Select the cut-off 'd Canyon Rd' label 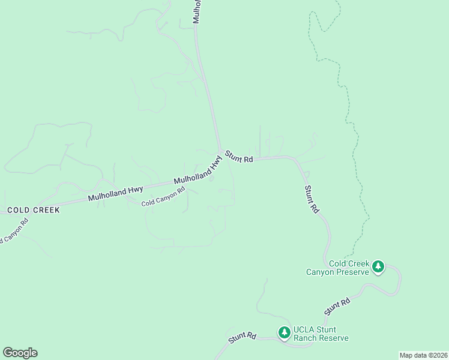point(13,232)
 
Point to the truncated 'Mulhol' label point(196,11)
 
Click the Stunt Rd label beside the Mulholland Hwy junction point(240,157)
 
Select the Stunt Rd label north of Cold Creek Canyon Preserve point(311,200)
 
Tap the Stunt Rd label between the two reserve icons point(337,307)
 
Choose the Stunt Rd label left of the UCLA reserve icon point(243,338)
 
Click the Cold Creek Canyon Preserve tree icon point(378,266)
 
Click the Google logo point(20,353)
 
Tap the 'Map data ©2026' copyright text point(423,355)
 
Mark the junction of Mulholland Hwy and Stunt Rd point(220,151)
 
